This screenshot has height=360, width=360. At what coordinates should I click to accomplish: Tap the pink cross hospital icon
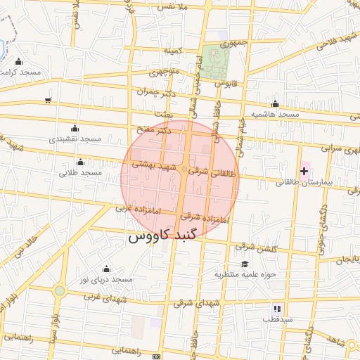click(304, 171)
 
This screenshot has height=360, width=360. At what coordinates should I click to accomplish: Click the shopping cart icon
click(47, 101)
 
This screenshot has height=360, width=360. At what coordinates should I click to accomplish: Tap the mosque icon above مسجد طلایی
click(83, 161)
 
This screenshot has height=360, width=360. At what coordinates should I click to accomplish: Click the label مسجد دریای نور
click(106, 280)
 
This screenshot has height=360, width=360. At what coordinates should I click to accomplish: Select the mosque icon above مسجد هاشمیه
click(275, 104)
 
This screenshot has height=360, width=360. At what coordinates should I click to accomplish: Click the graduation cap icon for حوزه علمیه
click(244, 264)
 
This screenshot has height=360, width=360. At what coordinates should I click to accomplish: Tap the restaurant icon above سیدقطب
click(277, 309)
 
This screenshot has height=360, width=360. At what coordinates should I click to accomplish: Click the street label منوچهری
click(166, 72)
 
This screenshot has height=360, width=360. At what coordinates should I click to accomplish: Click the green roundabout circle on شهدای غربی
click(60, 290)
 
